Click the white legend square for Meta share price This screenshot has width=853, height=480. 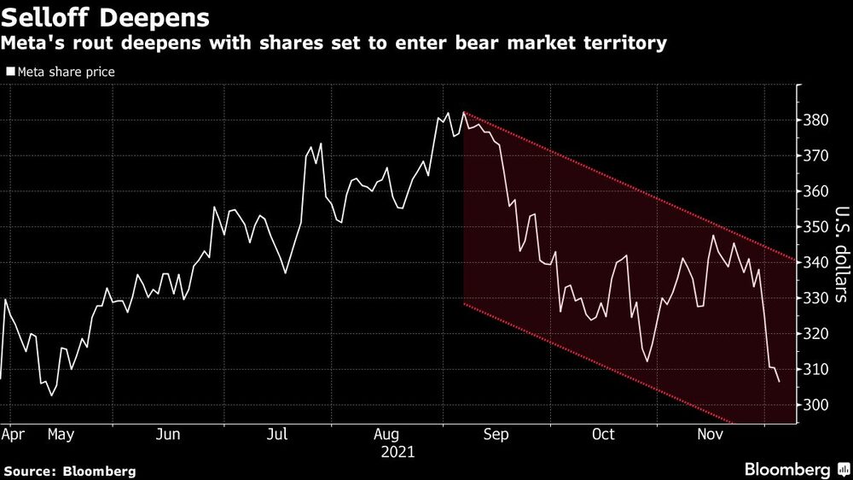click(10, 73)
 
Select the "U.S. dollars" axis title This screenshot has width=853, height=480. click(840, 265)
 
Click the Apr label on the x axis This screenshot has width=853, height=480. click(14, 435)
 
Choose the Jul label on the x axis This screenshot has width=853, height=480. click(277, 435)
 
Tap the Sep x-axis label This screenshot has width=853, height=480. click(495, 435)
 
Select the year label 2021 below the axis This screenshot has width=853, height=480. click(397, 451)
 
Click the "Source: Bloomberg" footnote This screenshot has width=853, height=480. click(69, 471)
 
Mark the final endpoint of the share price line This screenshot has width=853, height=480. click(779, 382)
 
